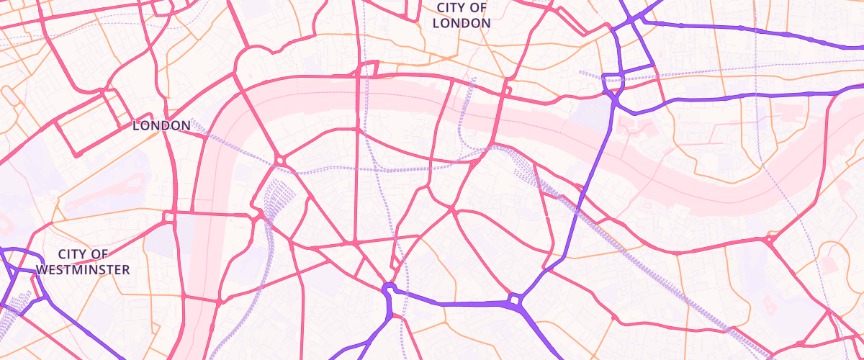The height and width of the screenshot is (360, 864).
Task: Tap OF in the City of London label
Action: [x=478, y=8]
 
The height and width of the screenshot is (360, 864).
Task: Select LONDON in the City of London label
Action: [x=462, y=22]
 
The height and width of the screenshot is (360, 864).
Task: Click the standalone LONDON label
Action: [x=161, y=125]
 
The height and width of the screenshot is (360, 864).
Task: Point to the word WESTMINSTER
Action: [x=83, y=270]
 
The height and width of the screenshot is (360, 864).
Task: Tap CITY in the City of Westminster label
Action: [x=72, y=254]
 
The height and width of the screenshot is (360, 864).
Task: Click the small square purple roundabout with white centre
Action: [x=516, y=299]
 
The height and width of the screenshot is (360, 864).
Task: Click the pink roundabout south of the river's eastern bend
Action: [x=770, y=239]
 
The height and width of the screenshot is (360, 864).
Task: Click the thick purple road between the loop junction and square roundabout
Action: [x=454, y=304]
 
